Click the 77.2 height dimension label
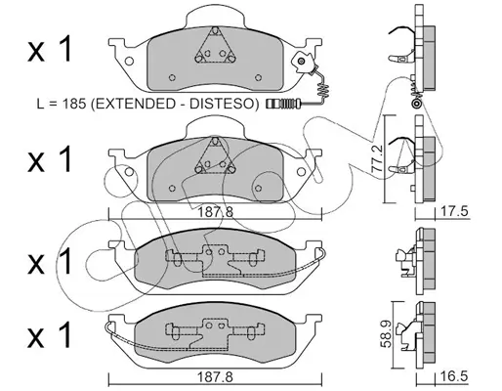(377, 159)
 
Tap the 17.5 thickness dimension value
(454, 211)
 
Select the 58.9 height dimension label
(387, 335)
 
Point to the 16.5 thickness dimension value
(454, 376)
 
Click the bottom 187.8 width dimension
(216, 377)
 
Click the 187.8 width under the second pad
(216, 212)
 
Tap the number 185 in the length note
(74, 104)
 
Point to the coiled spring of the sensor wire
(322, 89)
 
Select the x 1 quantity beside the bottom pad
(50, 334)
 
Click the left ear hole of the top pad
(129, 61)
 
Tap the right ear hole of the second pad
(301, 172)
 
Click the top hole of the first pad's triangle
(215, 31)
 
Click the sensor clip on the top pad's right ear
(303, 63)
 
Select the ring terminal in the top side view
(416, 104)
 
